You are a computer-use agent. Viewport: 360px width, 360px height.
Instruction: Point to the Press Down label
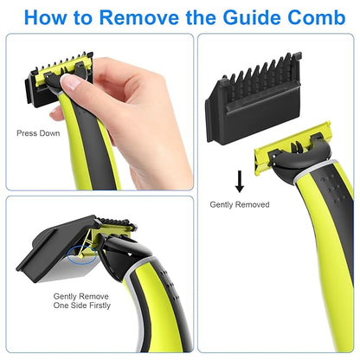(37, 133)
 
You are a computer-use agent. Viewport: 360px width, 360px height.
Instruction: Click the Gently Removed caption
(240, 204)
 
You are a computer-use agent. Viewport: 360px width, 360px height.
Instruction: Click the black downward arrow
(240, 180)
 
